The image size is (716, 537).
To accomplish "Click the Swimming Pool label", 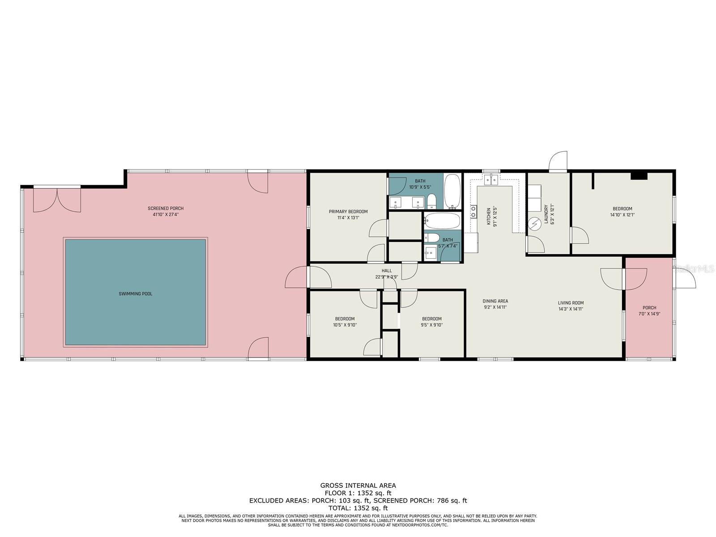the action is (136, 294).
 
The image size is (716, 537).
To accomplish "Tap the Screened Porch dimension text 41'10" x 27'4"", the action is (166, 214).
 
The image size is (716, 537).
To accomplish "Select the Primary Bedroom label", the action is (348, 212).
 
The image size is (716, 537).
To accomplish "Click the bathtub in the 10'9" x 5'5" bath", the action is (452, 192).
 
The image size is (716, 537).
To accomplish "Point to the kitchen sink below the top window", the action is (491, 179).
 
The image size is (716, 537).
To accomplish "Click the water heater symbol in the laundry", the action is (534, 224).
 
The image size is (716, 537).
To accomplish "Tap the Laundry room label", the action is (546, 214).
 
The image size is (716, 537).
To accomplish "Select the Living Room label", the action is (571, 303).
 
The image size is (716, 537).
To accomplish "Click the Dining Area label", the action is (495, 301).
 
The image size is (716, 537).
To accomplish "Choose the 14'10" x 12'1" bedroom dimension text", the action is (622, 215).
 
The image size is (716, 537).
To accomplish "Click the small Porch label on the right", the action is (649, 308).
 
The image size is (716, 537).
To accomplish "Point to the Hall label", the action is (387, 271).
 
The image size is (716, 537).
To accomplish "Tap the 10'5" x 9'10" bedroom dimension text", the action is (345, 325).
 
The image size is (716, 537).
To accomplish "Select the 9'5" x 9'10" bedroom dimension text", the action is (432, 325).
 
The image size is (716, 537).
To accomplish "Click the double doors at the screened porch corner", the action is (57, 200).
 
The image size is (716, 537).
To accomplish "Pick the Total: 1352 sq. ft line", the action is (358, 508).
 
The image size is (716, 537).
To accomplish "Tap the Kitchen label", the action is (489, 216).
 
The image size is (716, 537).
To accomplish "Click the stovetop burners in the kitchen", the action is (473, 211).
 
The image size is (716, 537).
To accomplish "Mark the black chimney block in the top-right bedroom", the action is (639, 176).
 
